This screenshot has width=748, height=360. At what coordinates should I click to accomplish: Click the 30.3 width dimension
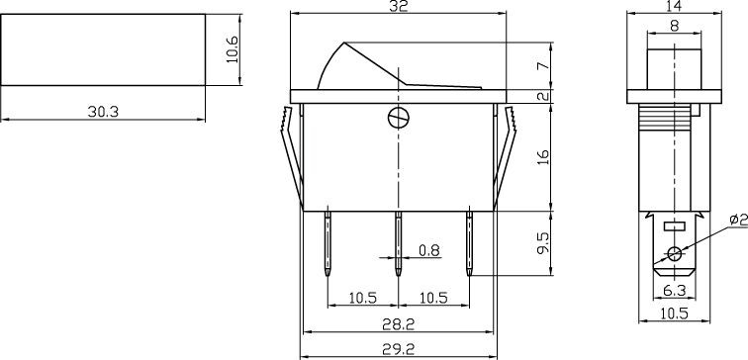[x=102, y=112]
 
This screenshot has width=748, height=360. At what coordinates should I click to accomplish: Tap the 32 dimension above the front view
[x=398, y=7]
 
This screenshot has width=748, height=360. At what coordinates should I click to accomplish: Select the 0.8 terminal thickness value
[x=428, y=250]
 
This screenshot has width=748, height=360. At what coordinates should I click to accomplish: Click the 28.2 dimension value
[x=398, y=323]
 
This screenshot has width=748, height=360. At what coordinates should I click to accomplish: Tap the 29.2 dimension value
[x=398, y=348]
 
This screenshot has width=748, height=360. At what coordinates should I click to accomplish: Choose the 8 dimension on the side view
[x=674, y=28]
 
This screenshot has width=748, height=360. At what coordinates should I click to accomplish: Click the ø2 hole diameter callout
[x=737, y=220]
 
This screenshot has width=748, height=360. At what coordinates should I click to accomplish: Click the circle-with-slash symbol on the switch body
[x=398, y=117]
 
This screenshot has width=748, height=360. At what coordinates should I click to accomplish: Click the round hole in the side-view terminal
[x=675, y=255]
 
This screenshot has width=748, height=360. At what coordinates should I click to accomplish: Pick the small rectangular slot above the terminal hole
[x=675, y=226]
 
